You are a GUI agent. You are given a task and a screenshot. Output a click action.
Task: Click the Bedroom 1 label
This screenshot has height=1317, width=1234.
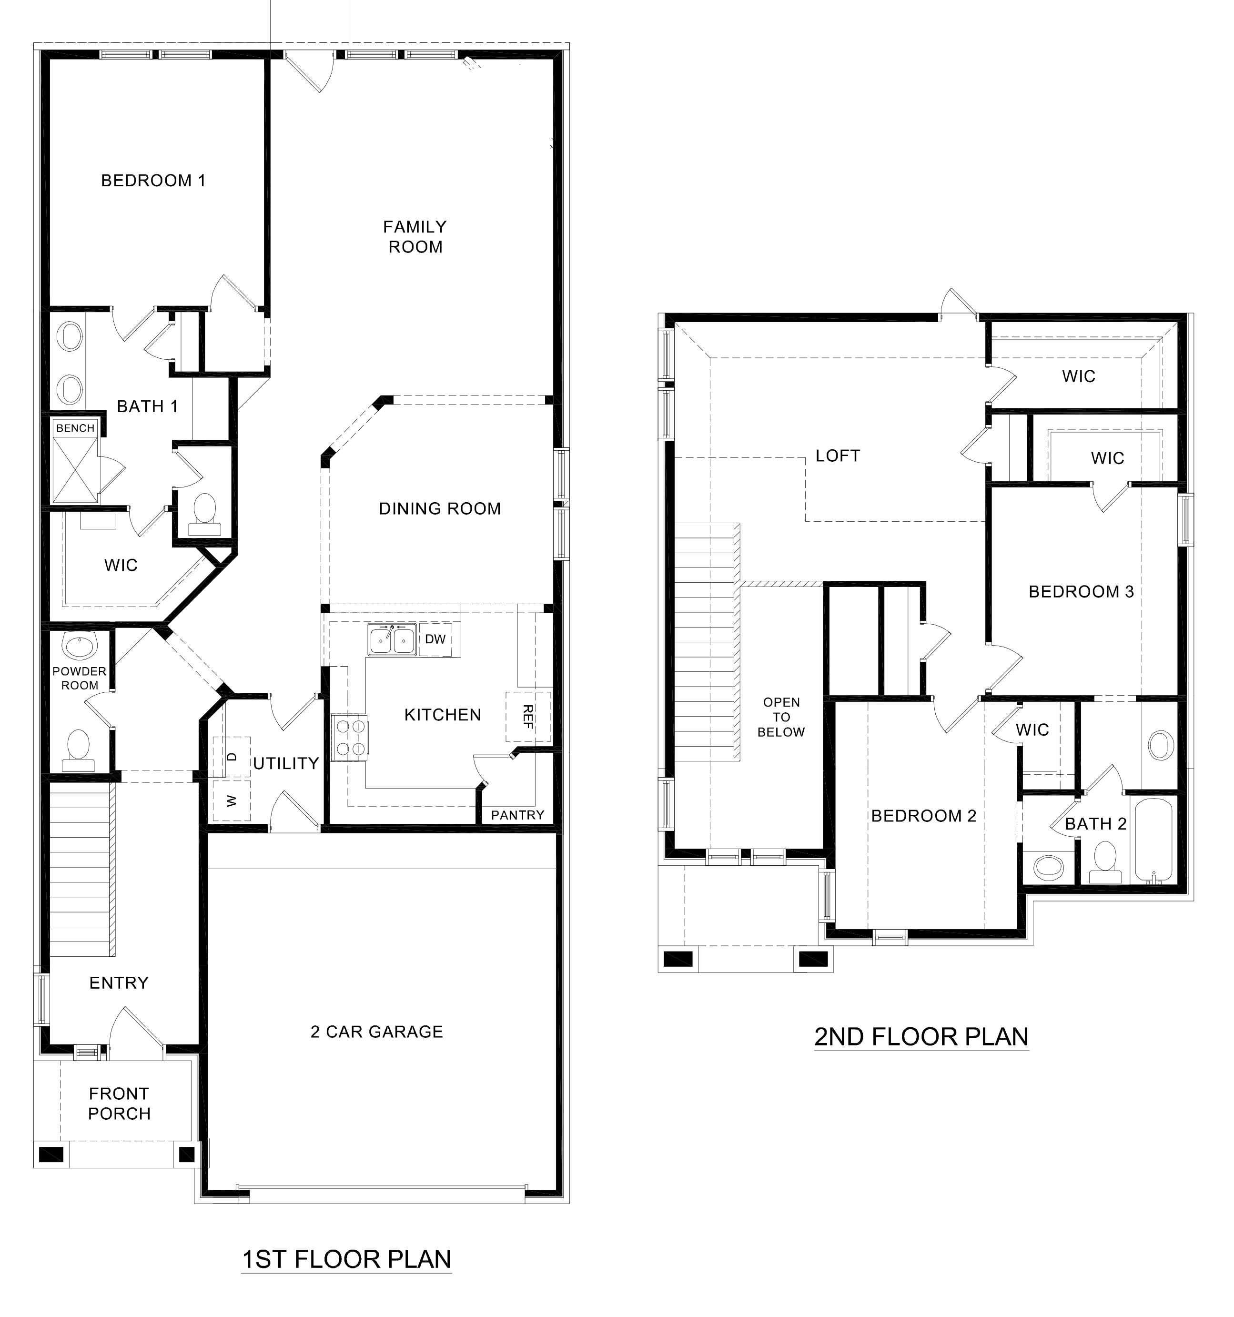pyautogui.click(x=153, y=180)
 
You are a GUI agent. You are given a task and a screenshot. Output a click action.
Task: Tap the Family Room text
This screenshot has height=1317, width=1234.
pyautogui.click(x=415, y=236)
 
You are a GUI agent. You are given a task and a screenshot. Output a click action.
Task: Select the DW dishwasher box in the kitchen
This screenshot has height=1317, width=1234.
pyautogui.click(x=435, y=639)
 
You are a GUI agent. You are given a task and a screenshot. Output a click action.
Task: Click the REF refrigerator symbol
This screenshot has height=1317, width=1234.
pyautogui.click(x=528, y=717)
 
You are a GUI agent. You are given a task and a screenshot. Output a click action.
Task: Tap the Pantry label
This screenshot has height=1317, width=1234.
pyautogui.click(x=517, y=815)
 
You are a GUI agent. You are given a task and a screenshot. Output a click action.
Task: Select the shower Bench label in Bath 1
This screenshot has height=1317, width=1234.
pyautogui.click(x=75, y=428)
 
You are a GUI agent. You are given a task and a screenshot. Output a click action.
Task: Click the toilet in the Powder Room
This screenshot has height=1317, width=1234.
pyautogui.click(x=78, y=749)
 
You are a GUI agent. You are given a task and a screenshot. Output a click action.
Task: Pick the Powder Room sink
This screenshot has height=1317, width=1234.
pyautogui.click(x=80, y=647)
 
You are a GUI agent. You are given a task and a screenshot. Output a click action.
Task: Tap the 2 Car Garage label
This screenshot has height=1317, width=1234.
pyautogui.click(x=376, y=1032)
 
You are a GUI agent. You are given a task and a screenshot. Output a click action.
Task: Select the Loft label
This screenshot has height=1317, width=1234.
pyautogui.click(x=837, y=456)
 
